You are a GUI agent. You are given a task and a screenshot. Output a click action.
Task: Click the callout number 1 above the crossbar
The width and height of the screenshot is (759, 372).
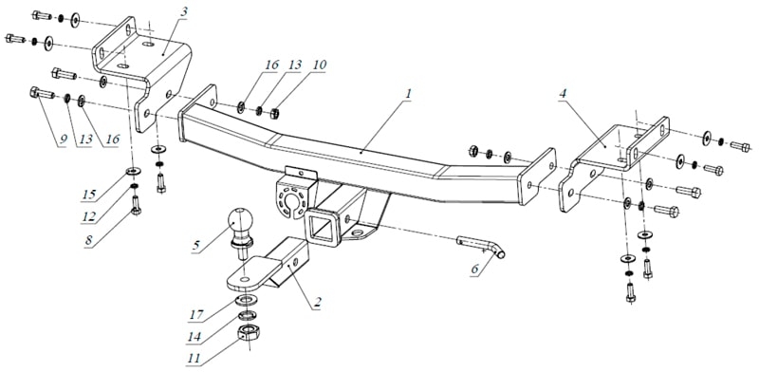[409, 94]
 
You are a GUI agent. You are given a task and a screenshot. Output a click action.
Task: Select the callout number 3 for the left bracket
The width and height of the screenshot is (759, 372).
[183, 12]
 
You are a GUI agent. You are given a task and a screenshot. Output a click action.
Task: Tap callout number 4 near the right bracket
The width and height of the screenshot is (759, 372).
[562, 95]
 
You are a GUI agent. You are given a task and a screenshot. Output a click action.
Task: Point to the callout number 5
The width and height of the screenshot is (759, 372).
[195, 246]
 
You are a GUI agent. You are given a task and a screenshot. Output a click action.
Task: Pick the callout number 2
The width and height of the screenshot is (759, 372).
[317, 304]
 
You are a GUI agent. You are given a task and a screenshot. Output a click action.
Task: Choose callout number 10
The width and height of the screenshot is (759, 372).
[320, 65]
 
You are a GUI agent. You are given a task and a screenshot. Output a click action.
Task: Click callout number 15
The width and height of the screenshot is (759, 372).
[88, 195]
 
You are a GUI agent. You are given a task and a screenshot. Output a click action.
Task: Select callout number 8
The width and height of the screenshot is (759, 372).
[88, 241]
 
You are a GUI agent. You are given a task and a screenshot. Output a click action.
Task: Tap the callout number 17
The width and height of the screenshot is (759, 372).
[195, 314]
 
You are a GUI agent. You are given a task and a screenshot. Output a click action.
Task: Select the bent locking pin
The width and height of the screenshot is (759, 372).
[481, 245]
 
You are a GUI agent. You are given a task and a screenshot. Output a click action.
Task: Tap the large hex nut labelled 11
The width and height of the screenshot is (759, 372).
[249, 334]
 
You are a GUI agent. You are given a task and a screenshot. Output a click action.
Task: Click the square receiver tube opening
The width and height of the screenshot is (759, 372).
[321, 228]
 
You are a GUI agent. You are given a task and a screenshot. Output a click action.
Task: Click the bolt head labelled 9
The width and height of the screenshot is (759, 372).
[35, 91]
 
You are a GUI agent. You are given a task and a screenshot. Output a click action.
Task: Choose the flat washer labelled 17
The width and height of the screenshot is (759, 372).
[247, 300]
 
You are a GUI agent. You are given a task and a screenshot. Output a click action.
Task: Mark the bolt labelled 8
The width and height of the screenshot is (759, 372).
[136, 205]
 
